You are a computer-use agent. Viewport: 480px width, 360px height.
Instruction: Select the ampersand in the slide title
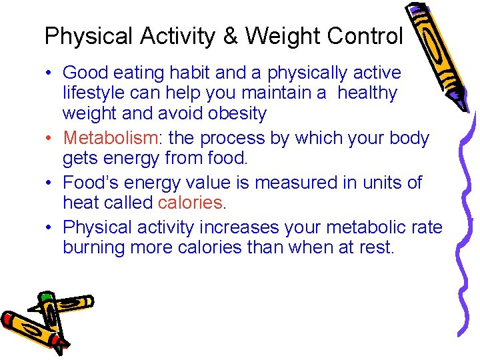click(x=231, y=36)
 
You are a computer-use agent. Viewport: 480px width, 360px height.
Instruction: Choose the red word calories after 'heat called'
click(x=189, y=203)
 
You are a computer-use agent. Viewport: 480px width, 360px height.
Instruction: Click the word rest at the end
click(x=376, y=248)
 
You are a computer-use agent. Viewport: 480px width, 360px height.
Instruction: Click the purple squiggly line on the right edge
click(x=467, y=233)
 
